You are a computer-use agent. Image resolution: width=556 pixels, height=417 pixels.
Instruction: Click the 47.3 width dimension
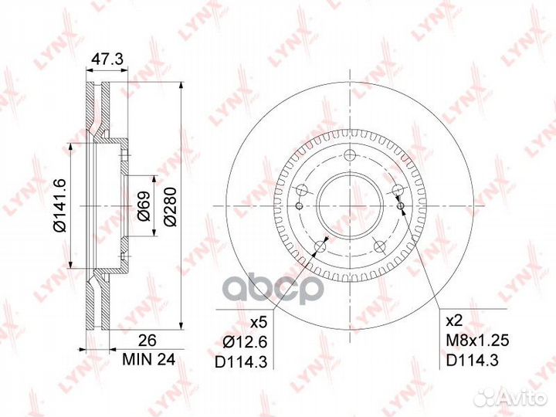coord(107,59)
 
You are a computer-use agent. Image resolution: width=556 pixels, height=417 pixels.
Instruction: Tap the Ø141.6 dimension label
coord(60,205)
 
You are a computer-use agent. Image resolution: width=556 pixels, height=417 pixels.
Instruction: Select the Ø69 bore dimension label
coord(144,206)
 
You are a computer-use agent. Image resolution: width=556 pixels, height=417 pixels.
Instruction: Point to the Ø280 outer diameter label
coord(170,206)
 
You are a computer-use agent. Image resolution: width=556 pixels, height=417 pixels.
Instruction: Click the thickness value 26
coord(147,341)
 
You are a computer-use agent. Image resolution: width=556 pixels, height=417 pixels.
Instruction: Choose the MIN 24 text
coord(148,360)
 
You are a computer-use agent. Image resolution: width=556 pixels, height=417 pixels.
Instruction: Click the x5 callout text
coord(258,322)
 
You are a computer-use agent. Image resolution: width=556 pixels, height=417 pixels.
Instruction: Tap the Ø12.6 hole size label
coord(245,342)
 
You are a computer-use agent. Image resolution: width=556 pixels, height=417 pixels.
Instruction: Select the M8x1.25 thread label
coord(477,341)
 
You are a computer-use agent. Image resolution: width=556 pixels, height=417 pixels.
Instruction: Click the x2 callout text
coord(454,321)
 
